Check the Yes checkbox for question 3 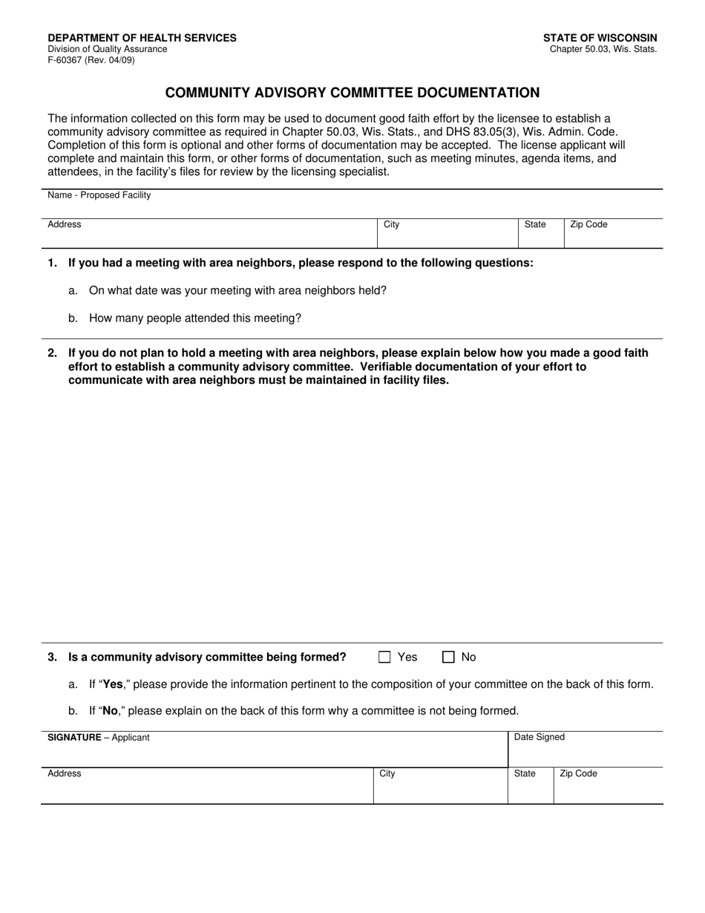(x=384, y=657)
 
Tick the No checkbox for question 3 (x=448, y=657)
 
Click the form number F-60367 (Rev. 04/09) (x=91, y=60)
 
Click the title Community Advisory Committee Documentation (x=352, y=93)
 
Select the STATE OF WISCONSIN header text (x=600, y=38)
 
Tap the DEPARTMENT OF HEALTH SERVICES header (x=142, y=38)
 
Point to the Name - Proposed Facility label (x=99, y=195)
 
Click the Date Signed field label (x=540, y=737)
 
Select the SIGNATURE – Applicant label (x=99, y=737)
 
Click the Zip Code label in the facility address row (x=588, y=224)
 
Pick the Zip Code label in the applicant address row (x=578, y=773)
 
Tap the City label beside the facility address (x=392, y=224)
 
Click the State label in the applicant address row (x=525, y=773)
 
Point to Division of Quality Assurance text (x=108, y=49)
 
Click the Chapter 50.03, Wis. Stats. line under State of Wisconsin (x=603, y=49)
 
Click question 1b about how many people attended (x=195, y=318)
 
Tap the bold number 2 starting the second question (x=52, y=353)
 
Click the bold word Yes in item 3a (x=113, y=684)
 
